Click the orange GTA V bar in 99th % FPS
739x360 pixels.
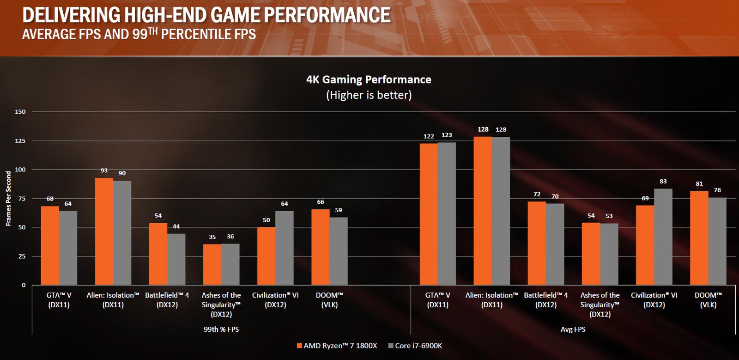[50, 245]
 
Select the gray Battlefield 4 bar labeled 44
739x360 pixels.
[176, 259]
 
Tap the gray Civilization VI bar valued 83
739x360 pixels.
[663, 237]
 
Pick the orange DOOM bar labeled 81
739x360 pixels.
[699, 238]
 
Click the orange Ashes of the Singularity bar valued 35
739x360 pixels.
[212, 264]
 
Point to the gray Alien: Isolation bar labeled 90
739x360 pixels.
[122, 232]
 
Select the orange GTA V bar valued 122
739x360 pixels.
[428, 214]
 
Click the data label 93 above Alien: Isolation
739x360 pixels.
[104, 171]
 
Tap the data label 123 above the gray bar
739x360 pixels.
[446, 135]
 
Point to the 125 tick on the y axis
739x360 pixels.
[20, 140]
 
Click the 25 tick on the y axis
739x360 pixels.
[22, 256]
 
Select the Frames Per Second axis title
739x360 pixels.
[8, 198]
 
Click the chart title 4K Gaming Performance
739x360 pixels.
[369, 79]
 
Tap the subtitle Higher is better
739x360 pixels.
[369, 95]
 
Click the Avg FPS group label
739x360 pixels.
[573, 329]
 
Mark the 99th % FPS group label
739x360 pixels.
[221, 329]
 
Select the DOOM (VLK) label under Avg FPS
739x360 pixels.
[708, 300]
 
